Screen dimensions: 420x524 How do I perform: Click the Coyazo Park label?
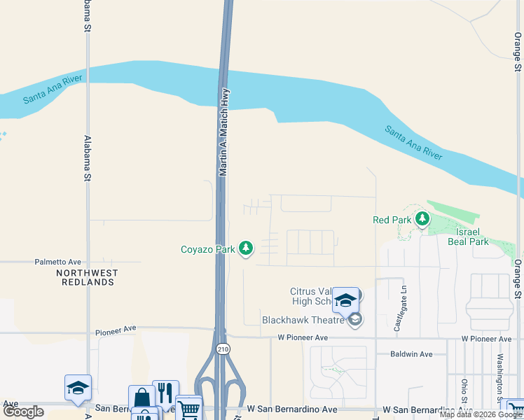coord(207,248)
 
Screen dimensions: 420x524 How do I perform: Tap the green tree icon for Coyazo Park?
coord(246,248)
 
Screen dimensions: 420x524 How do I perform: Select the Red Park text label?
coord(392,220)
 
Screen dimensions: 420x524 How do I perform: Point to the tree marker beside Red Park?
coord(422,219)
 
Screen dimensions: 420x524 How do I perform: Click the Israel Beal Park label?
coord(468,237)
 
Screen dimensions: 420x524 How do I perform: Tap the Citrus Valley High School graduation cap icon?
coord(345,300)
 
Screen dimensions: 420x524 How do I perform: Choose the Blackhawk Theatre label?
coord(304,320)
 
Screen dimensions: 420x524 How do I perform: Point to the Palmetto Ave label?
coord(58,262)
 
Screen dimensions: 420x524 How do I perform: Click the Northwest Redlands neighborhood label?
coord(87,277)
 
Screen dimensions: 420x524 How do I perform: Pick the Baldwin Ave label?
coord(411,354)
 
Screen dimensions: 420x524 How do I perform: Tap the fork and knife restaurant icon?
coord(165,393)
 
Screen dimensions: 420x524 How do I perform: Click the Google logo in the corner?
coord(23,412)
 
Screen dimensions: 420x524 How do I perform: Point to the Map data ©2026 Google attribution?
coord(481,414)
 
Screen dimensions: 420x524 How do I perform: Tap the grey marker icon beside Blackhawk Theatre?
coord(355,320)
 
